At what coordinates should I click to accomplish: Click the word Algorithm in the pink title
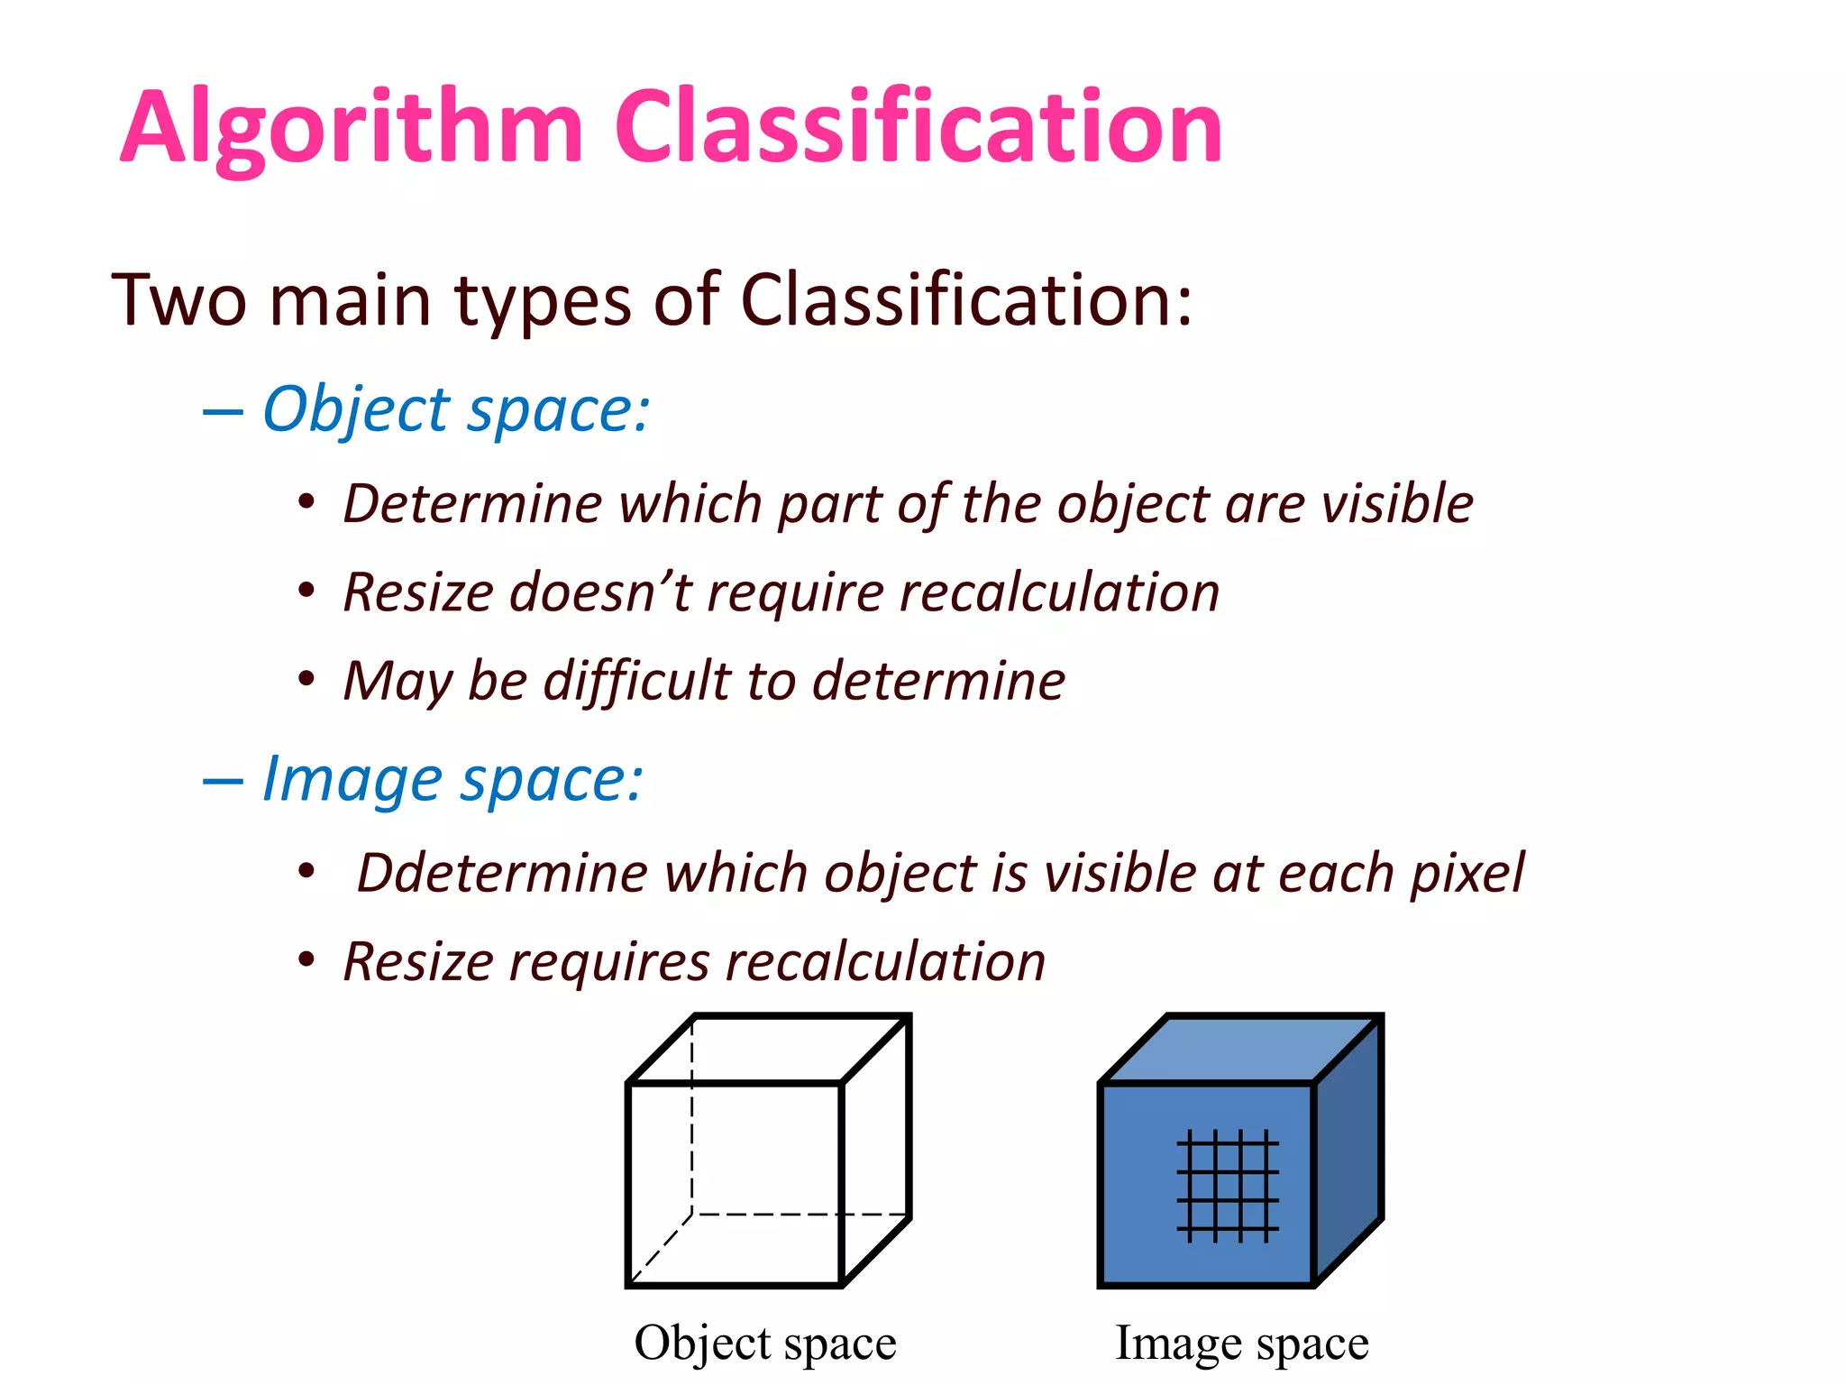pyautogui.click(x=352, y=128)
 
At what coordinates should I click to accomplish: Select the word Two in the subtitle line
pyautogui.click(x=178, y=299)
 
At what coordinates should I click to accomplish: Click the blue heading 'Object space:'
pyautogui.click(x=455, y=410)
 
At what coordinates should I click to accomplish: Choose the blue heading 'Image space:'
pyautogui.click(x=452, y=780)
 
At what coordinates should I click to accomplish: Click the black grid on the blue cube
pyautogui.click(x=1227, y=1185)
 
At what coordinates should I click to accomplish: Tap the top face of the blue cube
pyautogui.click(x=1241, y=1048)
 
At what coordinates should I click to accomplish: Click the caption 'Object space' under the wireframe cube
pyautogui.click(x=765, y=1344)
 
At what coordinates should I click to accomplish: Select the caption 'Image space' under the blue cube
pyautogui.click(x=1241, y=1344)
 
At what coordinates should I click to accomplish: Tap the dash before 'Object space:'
pyautogui.click(x=223, y=413)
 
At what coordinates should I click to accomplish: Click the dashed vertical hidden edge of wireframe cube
pyautogui.click(x=692, y=1118)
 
